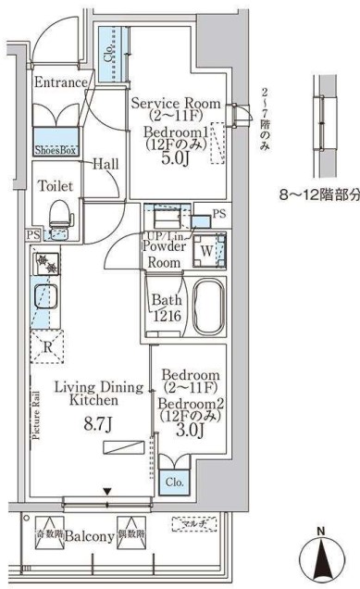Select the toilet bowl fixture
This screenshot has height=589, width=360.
[59, 214]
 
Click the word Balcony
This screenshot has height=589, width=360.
[89, 536]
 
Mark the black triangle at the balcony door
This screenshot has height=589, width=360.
[107, 491]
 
